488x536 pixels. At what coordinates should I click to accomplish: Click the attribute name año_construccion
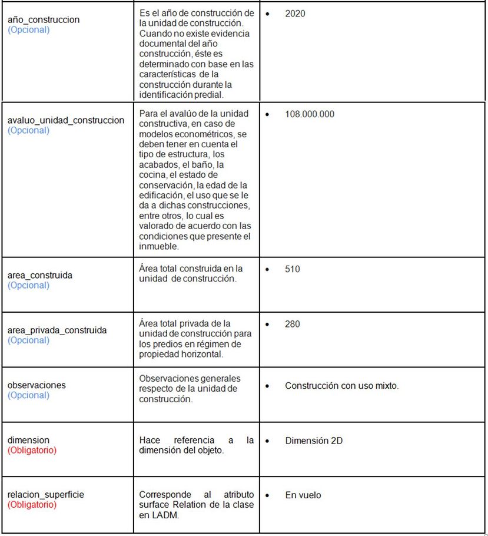coord(44,19)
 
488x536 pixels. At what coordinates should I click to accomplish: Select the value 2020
coord(295,13)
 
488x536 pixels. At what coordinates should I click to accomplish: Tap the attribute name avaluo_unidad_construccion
coord(66,120)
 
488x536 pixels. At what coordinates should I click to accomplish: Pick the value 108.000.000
coord(309,114)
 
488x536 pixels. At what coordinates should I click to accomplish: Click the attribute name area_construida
coord(40,275)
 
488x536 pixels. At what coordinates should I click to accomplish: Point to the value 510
coord(293,269)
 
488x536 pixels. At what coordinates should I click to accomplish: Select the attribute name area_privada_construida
coord(57,330)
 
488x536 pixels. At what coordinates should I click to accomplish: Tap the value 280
coord(293,324)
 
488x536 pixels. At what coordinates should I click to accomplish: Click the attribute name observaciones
coord(36,385)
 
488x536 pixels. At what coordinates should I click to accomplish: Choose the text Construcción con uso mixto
coord(341,386)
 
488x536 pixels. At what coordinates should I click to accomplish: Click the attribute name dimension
coord(28,440)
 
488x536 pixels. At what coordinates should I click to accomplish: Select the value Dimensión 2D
coord(314,441)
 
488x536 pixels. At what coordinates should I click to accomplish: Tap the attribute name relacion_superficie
coord(46,495)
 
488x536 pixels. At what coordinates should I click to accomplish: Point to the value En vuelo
coord(303,495)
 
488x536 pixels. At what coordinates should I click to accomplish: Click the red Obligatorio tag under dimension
coord(32,450)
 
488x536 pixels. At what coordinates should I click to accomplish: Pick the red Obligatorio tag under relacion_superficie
coord(32,505)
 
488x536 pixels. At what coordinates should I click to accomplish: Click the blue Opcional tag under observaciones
coord(28,395)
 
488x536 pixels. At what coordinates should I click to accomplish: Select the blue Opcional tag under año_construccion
coord(28,29)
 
